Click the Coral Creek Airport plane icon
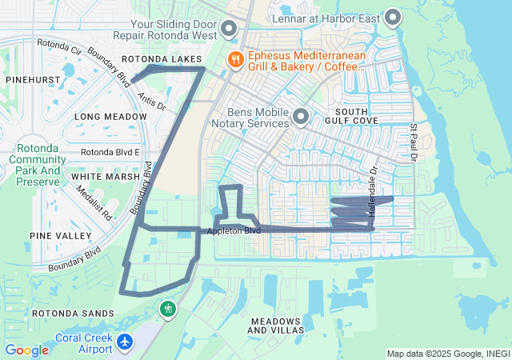point(124,342)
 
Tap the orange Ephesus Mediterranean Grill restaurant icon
point(235,58)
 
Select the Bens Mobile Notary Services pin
point(301,117)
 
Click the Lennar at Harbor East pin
point(392,16)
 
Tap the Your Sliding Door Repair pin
point(229,30)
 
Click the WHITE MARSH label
point(100,176)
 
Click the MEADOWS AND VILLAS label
point(276,325)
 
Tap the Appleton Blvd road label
point(234,231)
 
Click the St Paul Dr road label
point(414,142)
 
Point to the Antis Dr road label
point(150,100)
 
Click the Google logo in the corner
point(26,350)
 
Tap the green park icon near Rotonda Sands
point(167,308)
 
